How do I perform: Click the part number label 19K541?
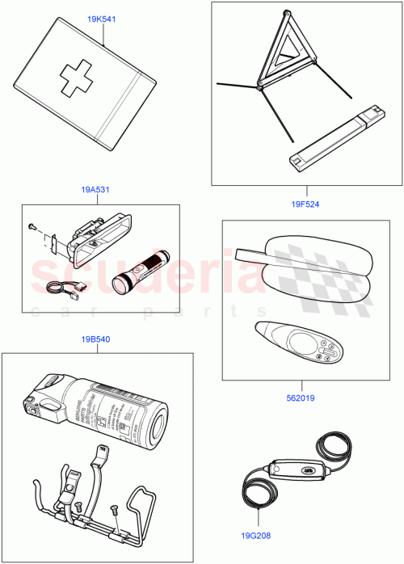pos(102,19)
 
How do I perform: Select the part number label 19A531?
pos(95,190)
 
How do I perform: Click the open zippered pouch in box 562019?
pos(307,272)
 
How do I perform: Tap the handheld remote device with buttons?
pos(299,344)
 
